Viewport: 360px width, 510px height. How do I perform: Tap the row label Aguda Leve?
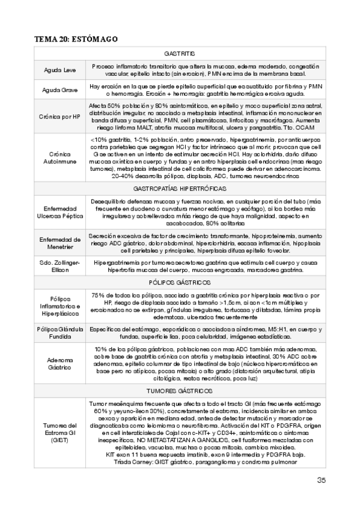tap(60, 70)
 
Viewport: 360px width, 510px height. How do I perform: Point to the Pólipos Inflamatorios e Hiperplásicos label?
tap(60, 306)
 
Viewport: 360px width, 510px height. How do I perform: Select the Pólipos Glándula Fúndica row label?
tap(60, 334)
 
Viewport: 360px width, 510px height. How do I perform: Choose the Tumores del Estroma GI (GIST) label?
tap(60, 433)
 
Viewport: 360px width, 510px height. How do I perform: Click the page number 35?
tap(322, 479)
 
